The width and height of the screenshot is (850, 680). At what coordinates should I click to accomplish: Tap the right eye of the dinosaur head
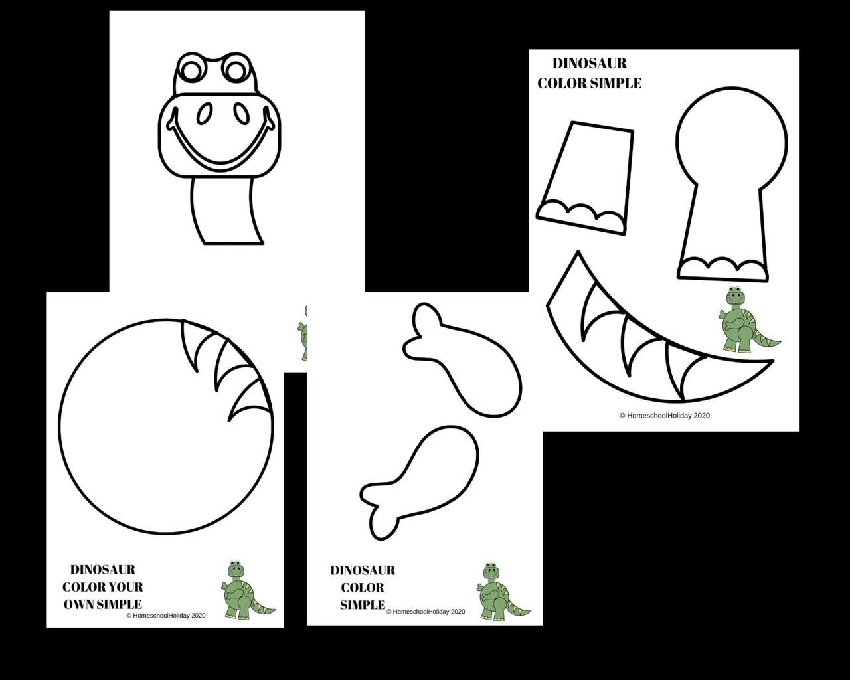[x=236, y=68]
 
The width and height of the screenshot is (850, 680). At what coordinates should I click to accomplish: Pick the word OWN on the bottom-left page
[x=78, y=604]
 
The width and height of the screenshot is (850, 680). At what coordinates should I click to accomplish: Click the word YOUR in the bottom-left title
[x=126, y=587]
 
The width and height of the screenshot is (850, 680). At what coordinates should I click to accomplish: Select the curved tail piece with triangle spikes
[x=637, y=345]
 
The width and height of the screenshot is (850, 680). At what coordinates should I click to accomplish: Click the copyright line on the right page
[x=664, y=416]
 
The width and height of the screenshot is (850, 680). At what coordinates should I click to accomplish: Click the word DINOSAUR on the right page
[x=590, y=64]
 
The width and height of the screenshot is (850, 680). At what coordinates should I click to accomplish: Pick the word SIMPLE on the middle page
[x=363, y=605]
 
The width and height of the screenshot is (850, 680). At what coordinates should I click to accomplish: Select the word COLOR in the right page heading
[x=563, y=84]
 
